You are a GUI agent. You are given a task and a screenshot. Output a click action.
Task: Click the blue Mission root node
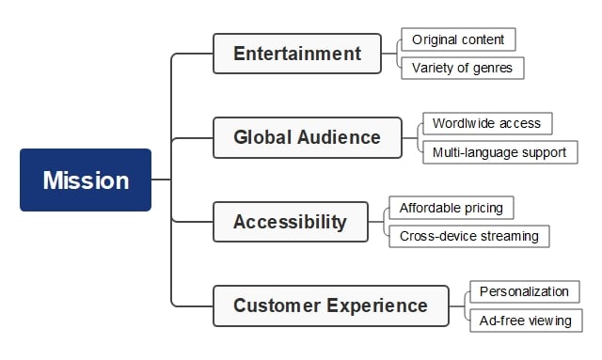pos(86,180)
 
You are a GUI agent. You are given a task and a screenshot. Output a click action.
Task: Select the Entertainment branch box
pos(296,54)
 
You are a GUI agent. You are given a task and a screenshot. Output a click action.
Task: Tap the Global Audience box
pos(307,137)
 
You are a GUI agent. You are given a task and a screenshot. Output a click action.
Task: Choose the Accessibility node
pos(290,222)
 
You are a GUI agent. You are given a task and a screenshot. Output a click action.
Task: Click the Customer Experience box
pos(330,305)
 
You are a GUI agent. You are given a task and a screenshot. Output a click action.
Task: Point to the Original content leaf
pos(458,39)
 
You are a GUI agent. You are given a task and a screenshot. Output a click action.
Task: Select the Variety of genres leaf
pos(462,67)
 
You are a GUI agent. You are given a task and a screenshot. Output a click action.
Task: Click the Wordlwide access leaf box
pos(485,123)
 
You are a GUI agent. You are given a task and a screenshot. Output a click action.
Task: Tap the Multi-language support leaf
pos(499,151)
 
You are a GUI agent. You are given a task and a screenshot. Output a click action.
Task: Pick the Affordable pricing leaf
pos(451,208)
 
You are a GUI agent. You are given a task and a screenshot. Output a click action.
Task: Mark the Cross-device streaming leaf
pos(468,236)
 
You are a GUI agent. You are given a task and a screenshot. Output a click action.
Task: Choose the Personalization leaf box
pos(524,291)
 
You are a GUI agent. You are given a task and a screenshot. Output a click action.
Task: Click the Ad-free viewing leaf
pos(525,321)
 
